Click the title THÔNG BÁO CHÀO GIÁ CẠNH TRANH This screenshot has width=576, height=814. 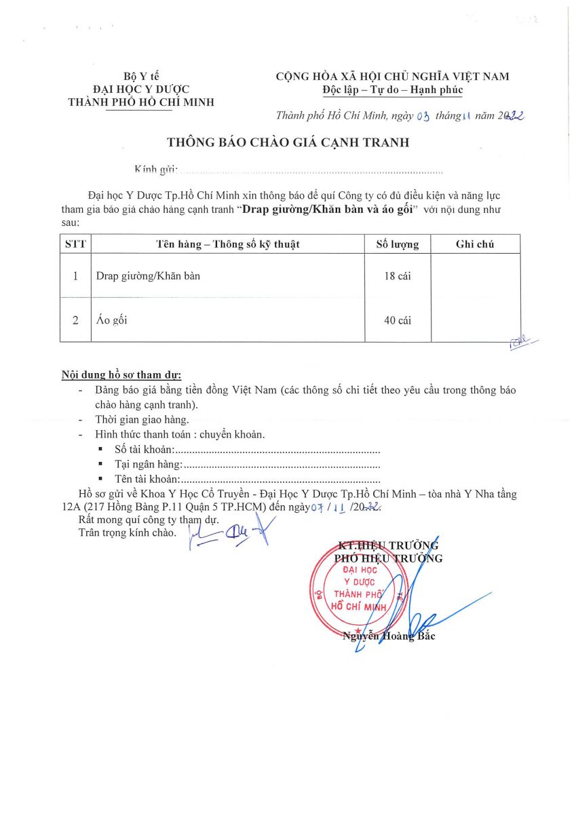coord(288,142)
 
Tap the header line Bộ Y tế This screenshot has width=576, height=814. coord(141,76)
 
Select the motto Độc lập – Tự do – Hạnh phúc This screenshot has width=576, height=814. coord(392,90)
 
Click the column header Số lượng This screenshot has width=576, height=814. coord(397,244)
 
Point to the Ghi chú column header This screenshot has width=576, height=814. coord(475,244)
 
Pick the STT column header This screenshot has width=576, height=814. coord(75,244)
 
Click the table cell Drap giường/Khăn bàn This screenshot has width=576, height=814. coord(148,276)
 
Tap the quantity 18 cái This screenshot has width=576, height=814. coord(397,276)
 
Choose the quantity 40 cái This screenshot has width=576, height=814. coord(397,320)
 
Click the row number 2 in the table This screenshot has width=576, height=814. coord(75,320)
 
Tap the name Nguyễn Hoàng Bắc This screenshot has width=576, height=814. coord(389,636)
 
